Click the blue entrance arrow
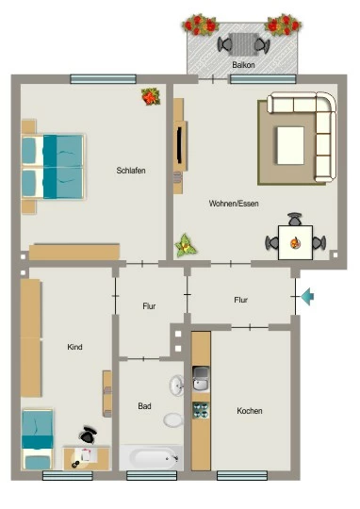(307, 296)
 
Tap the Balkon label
(243, 65)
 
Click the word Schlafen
(131, 170)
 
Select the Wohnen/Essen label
(234, 204)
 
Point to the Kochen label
(250, 411)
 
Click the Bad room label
(144, 405)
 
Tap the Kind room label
(74, 347)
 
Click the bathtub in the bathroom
(151, 457)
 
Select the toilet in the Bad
(173, 420)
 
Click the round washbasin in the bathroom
(177, 385)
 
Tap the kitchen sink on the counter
(201, 379)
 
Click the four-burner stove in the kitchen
(201, 410)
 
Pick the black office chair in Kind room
(88, 435)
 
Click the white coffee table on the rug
(290, 145)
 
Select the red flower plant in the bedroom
(151, 97)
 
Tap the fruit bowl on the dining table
(295, 243)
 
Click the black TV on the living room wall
(179, 145)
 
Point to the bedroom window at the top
(104, 79)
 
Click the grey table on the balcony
(243, 44)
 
